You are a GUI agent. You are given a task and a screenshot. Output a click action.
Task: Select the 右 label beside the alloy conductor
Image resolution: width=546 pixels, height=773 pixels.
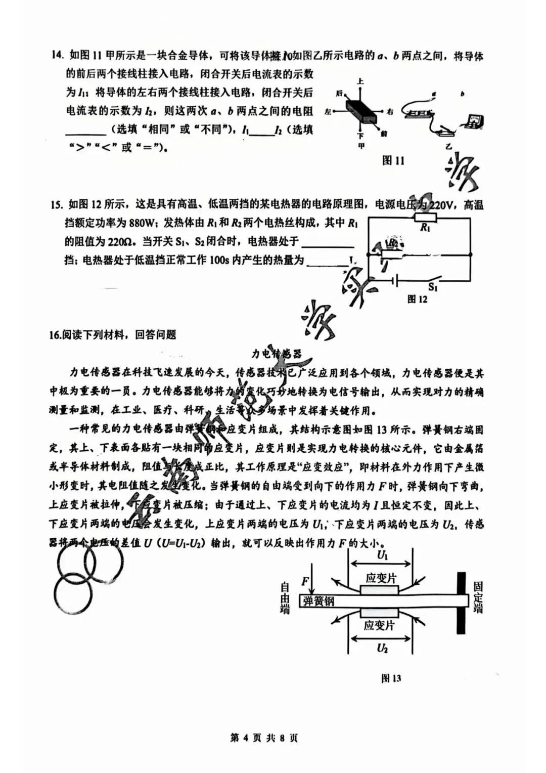tap(390, 111)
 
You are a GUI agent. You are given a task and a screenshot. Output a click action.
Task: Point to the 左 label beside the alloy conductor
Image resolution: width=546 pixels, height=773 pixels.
tap(329, 111)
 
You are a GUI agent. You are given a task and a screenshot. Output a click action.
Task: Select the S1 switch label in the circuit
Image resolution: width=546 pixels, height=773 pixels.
tap(433, 287)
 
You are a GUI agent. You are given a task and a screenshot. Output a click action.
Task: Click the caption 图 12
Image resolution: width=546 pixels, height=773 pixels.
tap(417, 299)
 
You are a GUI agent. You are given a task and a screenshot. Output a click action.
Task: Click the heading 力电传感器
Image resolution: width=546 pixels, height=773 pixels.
tap(276, 354)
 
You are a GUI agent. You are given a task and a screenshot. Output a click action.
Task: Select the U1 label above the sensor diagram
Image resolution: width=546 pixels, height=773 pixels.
tap(383, 555)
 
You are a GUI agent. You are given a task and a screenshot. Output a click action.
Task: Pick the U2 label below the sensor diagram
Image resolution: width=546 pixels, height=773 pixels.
tap(382, 648)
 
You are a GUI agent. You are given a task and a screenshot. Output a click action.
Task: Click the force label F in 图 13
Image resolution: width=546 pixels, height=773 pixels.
tap(305, 581)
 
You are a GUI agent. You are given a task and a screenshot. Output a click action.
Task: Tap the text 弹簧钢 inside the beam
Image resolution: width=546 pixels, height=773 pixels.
tap(318, 601)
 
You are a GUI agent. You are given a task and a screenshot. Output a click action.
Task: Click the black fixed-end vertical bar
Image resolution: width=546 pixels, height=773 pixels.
tap(461, 603)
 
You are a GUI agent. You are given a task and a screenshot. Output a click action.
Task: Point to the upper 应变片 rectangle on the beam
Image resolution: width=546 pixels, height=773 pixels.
tap(380, 590)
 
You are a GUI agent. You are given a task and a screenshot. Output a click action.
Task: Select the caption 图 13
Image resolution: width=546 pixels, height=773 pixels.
tap(391, 678)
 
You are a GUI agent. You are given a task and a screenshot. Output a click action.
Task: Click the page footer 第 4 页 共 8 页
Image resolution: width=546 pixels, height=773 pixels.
tap(264, 738)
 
